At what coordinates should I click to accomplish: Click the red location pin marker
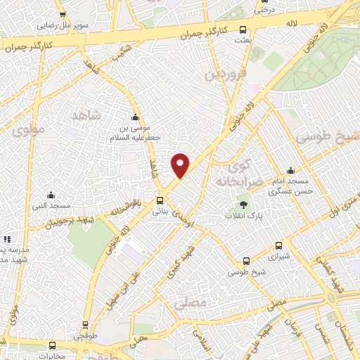pos(181,165)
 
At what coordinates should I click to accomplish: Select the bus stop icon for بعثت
pos(243,30)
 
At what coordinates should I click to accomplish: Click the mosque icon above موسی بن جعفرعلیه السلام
pos(136,117)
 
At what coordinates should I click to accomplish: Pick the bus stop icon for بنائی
pos(160,200)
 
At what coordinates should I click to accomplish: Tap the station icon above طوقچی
pos(85,325)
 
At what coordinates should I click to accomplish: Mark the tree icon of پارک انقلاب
pos(243,204)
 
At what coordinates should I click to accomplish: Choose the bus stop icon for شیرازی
pos(279,246)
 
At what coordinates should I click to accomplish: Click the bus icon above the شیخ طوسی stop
pos(245,262)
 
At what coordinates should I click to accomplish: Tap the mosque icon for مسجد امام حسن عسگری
pos(291,171)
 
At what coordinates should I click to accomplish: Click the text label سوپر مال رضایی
pos(63,25)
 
